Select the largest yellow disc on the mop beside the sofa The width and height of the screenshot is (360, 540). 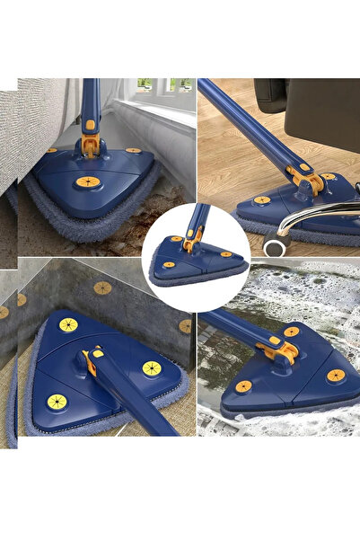89,182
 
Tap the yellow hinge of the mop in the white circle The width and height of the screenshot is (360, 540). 191,242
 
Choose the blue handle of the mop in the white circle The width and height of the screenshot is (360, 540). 198,219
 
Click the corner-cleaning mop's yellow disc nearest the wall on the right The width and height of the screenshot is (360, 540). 151,368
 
